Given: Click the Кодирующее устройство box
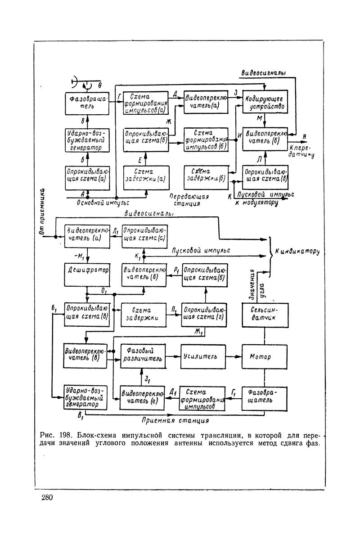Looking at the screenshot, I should point(265,102).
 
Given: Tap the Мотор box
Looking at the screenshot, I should point(265,357).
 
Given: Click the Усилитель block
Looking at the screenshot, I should point(203,357).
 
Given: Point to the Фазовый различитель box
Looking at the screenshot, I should point(143,357).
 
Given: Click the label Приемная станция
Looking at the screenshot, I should point(175,421).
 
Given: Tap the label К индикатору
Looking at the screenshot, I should point(296,252).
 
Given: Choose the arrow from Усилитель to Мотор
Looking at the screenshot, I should point(234,357).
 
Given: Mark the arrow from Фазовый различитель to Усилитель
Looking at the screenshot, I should point(173,357).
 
